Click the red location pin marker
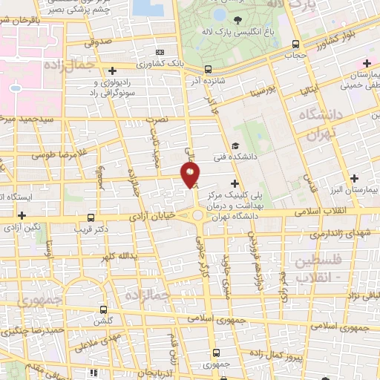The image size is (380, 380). pos(191,175)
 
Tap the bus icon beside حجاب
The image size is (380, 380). pos(296,45)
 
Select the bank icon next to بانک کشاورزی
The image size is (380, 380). pos(160,52)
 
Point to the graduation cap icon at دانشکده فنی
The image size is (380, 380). pos(235,145)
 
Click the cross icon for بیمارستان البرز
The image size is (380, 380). pos(355,177)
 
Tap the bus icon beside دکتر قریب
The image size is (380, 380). pos(91,218)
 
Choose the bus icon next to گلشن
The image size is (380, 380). pos(102,309)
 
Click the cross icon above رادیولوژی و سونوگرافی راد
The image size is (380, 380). pos(111,71)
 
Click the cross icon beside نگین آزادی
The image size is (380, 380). pos(20,214)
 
